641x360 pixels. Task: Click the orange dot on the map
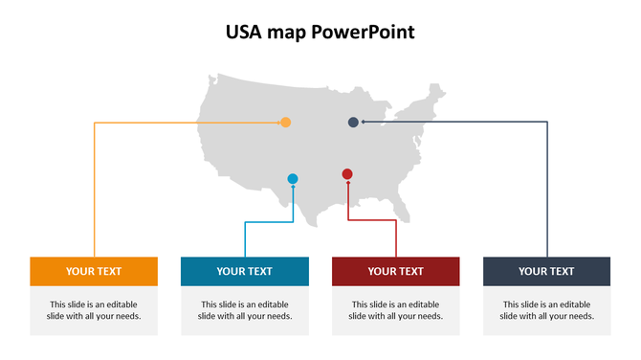point(285,123)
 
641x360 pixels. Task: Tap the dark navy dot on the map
point(353,123)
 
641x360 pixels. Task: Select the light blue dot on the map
point(293,179)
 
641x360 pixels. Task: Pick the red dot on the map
point(347,174)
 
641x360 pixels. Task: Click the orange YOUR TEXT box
point(94,271)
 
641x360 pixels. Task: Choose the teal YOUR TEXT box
point(244,271)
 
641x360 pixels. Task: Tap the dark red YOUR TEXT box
point(395,271)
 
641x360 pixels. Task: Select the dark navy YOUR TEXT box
point(546,271)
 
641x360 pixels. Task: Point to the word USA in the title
point(244,33)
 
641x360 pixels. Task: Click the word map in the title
point(287,34)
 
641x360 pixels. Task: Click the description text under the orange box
point(94,310)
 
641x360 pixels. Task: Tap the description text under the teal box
point(244,310)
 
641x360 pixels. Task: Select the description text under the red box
point(395,310)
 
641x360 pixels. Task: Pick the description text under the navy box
point(546,310)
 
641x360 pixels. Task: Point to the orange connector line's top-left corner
point(94,123)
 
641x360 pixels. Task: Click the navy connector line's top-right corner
point(547,123)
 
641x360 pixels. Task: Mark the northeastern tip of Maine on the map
point(441,87)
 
